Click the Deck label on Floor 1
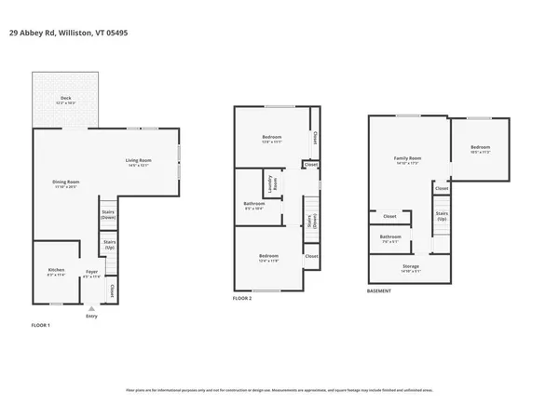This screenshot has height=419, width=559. [x=66, y=99]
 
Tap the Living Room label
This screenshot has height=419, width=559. [x=139, y=163]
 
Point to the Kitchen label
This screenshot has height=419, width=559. [x=57, y=271]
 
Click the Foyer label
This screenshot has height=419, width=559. [x=91, y=273]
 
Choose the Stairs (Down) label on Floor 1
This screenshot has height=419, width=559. [x=108, y=214]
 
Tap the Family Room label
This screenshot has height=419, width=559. [x=408, y=159]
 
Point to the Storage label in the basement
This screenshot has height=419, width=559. [x=411, y=268]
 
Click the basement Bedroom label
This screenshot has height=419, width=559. [x=480, y=149]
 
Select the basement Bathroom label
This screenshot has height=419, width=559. [x=390, y=237]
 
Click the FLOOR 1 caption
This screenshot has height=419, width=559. [x=40, y=325]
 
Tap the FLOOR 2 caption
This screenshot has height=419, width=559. [x=242, y=298]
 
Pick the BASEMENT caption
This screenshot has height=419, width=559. [x=379, y=291]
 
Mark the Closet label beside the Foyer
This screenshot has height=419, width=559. [x=112, y=291]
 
